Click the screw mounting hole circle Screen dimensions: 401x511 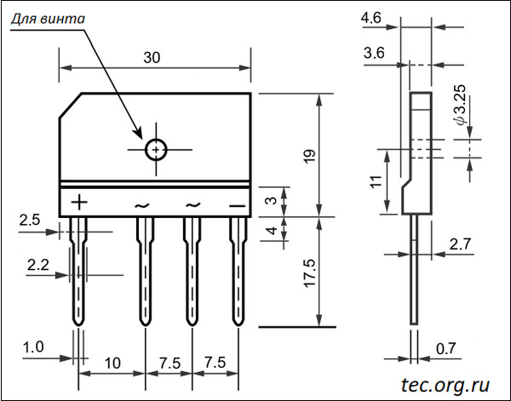click(156, 149)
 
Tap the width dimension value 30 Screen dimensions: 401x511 click(152, 58)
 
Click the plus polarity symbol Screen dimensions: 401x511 click(78, 202)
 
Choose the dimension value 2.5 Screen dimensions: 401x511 click(29, 221)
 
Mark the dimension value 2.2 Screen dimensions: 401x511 click(37, 266)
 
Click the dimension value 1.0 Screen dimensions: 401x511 click(34, 347)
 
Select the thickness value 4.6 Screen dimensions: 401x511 click(370, 18)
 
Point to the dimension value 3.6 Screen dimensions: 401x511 click(372, 53)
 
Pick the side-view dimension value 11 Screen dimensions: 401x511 click(372, 180)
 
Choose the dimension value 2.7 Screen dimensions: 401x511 click(459, 244)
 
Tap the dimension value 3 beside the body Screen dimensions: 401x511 click(270, 201)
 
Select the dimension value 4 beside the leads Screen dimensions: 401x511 click(270, 230)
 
